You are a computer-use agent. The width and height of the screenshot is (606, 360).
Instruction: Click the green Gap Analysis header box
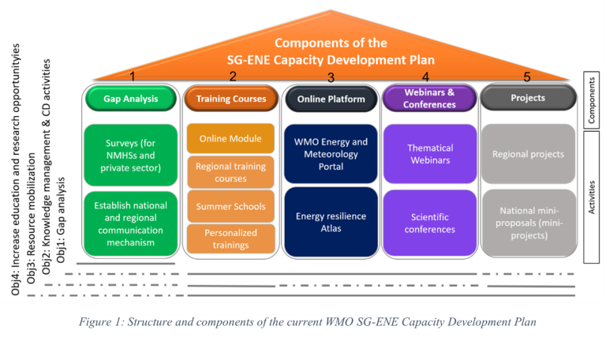click(131, 99)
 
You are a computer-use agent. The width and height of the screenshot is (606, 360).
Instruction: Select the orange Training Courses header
click(231, 99)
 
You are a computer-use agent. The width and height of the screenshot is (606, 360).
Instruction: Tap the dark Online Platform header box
click(331, 99)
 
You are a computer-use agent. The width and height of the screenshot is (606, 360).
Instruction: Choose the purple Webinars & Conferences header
click(431, 99)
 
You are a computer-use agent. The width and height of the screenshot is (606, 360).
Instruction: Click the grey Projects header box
click(527, 99)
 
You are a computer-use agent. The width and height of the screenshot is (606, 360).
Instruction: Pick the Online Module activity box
click(230, 139)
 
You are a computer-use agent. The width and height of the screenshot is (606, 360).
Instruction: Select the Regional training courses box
click(230, 173)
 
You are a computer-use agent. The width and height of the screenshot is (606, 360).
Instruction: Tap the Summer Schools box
click(230, 207)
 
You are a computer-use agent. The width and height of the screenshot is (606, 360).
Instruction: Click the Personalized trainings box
click(230, 239)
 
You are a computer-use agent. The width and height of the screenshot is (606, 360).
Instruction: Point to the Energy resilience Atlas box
click(331, 222)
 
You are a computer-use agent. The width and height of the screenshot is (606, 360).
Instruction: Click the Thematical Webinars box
click(431, 154)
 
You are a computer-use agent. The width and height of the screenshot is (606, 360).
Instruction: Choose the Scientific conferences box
click(431, 223)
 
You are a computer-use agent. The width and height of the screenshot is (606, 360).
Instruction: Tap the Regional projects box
click(528, 154)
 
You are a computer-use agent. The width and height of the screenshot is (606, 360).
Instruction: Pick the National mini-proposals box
click(528, 223)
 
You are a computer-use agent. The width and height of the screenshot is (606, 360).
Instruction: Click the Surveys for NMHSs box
click(131, 154)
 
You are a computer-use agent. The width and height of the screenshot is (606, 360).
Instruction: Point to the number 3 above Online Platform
click(331, 77)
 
